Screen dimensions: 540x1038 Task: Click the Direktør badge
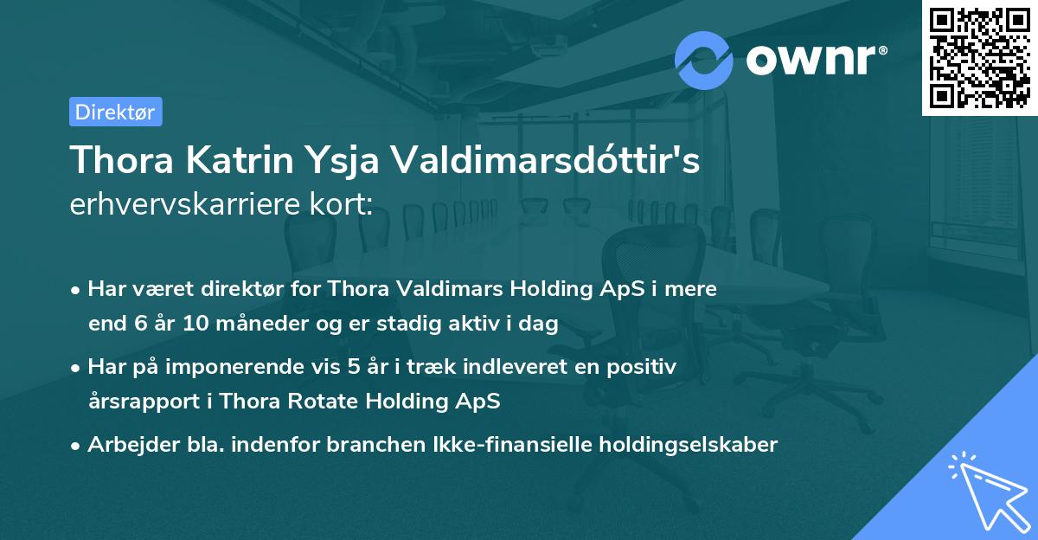click(x=115, y=112)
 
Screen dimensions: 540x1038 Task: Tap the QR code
click(x=979, y=57)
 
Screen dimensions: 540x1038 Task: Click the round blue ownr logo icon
click(x=703, y=59)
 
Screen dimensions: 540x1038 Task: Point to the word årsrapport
click(x=138, y=402)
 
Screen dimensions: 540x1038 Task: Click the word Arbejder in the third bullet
click(x=126, y=445)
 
